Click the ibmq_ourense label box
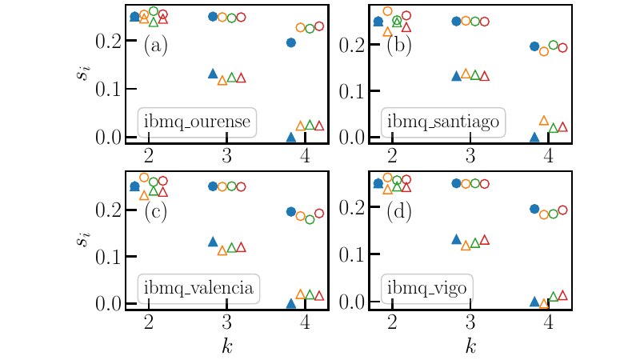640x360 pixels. (x=198, y=122)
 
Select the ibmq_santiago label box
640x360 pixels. (x=444, y=122)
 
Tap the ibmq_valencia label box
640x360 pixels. (x=199, y=288)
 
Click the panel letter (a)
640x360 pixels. (x=155, y=46)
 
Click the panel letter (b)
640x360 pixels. (x=399, y=46)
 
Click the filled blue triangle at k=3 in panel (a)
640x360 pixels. (x=213, y=74)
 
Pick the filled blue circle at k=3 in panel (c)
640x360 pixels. (x=213, y=186)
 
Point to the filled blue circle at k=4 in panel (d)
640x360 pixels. (x=535, y=209)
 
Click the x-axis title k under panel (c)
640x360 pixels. (x=226, y=346)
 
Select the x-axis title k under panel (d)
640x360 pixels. (x=470, y=346)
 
